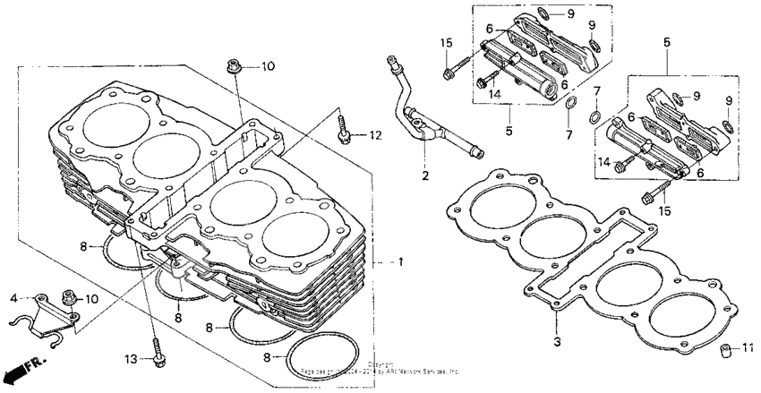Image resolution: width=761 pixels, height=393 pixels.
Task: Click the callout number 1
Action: pyautogui.click(x=402, y=263)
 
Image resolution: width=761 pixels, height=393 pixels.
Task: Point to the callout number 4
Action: pyautogui.click(x=14, y=297)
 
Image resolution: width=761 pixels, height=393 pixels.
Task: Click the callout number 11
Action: pyautogui.click(x=749, y=347)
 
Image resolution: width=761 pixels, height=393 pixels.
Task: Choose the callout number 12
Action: pyautogui.click(x=376, y=135)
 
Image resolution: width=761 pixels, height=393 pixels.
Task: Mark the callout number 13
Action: pyautogui.click(x=131, y=359)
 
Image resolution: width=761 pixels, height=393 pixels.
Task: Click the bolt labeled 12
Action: pyautogui.click(x=344, y=128)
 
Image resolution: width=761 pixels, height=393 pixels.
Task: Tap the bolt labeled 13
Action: pyautogui.click(x=158, y=350)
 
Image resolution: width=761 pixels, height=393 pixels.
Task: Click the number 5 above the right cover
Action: pyautogui.click(x=667, y=42)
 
